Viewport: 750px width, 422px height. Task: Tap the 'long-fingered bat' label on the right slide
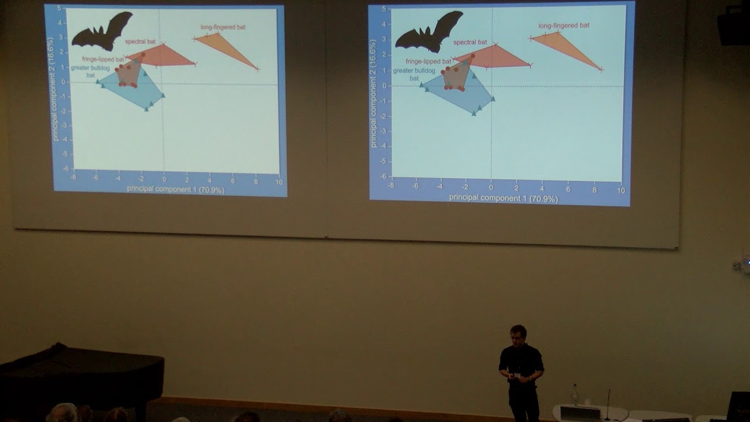[564, 26]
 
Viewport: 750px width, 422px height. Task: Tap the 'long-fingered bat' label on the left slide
[223, 27]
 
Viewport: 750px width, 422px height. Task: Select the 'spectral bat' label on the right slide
[470, 42]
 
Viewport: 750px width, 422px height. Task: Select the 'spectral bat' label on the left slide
[140, 42]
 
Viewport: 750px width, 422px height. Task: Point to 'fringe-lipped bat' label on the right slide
[428, 61]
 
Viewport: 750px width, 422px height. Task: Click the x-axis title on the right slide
[503, 198]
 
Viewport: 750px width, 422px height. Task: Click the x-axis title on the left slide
[175, 189]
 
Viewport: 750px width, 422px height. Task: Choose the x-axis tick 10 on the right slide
[621, 190]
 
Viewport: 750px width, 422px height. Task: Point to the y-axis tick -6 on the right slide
[383, 176]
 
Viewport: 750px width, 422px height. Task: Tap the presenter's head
[518, 333]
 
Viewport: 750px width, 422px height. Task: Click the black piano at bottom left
[82, 375]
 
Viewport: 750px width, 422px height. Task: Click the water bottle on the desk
[575, 394]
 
